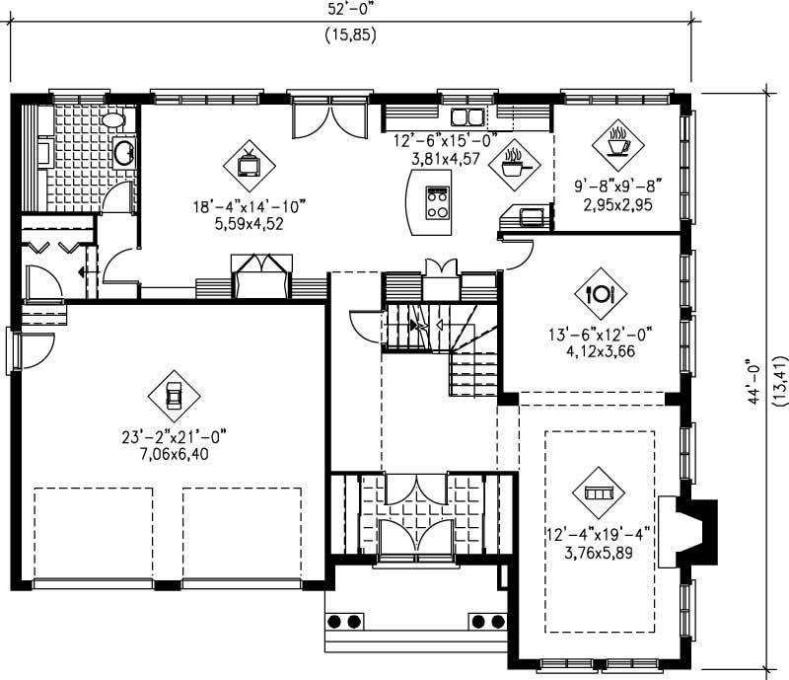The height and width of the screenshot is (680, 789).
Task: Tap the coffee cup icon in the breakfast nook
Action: [x=618, y=144]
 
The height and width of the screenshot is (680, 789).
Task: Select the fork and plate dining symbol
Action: [x=601, y=293]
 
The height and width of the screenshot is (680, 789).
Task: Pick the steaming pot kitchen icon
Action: [x=514, y=165]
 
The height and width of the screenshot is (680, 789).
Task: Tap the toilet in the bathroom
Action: [x=114, y=120]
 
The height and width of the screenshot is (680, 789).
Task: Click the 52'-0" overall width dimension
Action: [x=350, y=8]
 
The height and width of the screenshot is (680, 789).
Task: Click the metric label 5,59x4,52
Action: [x=251, y=223]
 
